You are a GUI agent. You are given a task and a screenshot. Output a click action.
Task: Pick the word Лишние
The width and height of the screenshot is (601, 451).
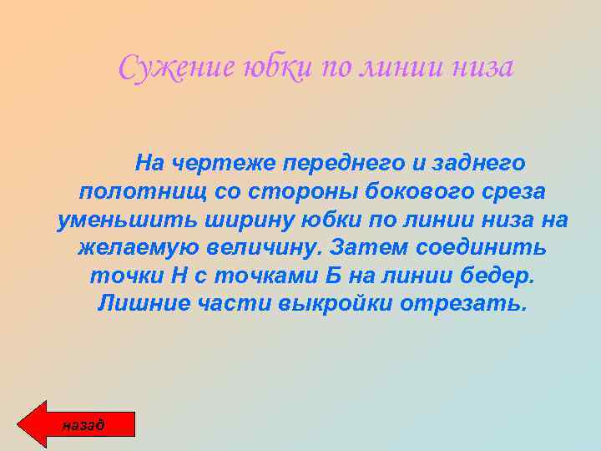click(139, 304)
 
